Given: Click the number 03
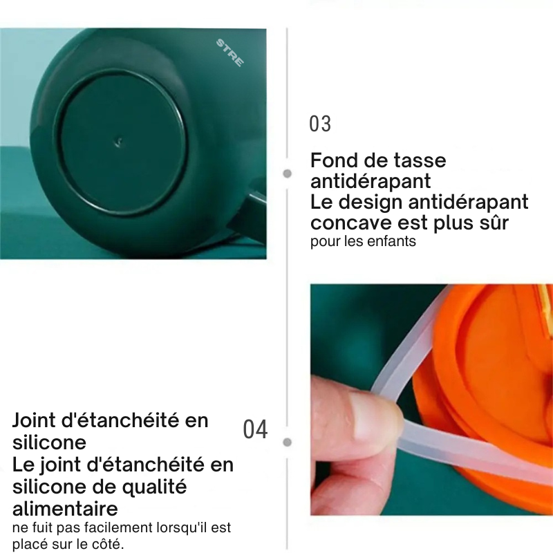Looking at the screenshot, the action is click(x=320, y=124).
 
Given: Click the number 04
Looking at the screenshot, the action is click(x=255, y=429).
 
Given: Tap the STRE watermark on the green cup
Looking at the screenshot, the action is click(x=229, y=53).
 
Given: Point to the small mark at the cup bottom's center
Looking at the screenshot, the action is click(x=118, y=142).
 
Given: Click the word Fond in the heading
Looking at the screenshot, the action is click(x=334, y=160).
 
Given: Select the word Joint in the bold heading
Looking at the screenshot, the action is click(x=34, y=420).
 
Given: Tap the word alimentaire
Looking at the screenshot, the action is click(x=65, y=509).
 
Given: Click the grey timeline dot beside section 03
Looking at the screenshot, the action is click(x=288, y=174).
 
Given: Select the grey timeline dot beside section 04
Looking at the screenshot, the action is click(x=288, y=442).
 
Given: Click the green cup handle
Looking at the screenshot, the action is click(x=249, y=215).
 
